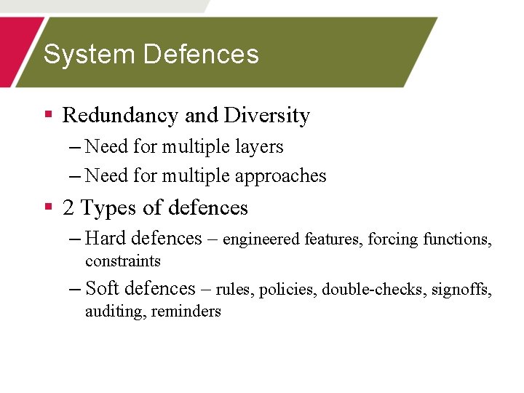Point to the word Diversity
[267, 116]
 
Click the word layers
[260, 147]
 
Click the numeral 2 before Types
[68, 208]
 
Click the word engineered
[262, 239]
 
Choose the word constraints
[122, 261]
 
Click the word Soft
[103, 288]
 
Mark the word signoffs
[461, 290]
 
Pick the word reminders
[186, 311]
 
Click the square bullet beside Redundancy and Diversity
[49, 114]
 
